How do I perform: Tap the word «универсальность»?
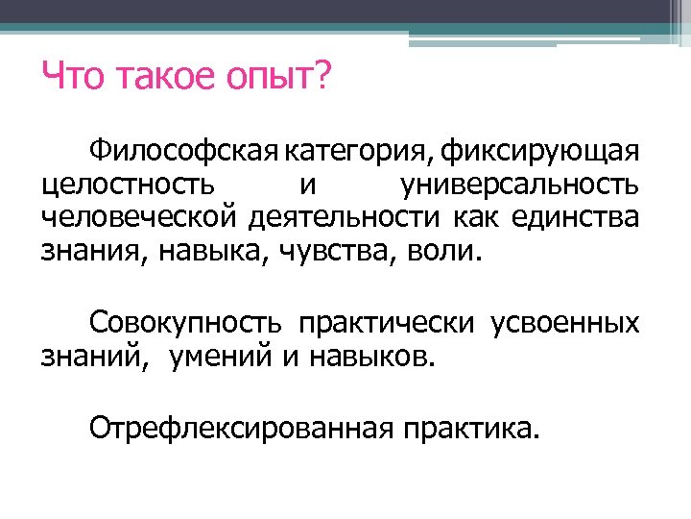[518, 185]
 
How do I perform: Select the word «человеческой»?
[139, 217]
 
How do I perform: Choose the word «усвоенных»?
[564, 323]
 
